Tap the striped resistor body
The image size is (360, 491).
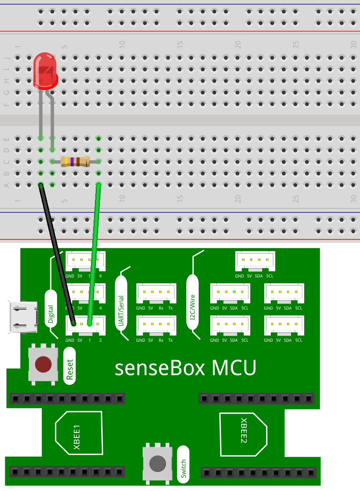75,162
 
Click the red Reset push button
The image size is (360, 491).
43,364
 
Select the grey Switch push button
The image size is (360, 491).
157,463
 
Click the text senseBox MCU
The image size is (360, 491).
185,368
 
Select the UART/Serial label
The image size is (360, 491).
121,308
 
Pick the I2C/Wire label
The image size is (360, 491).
193,305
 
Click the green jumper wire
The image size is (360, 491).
94,253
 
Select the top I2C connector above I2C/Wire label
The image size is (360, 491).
255,260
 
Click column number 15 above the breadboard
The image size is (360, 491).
180,44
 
